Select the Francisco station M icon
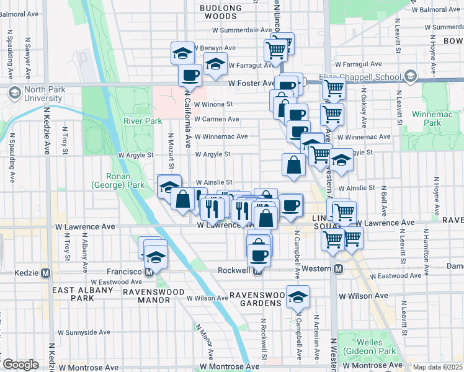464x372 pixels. click(149, 272)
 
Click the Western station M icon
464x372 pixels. click(339, 269)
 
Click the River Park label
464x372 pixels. click(142, 120)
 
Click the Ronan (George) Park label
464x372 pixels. click(118, 180)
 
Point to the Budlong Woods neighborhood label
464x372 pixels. click(220, 12)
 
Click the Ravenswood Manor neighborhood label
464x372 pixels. click(146, 296)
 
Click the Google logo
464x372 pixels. click(20, 365)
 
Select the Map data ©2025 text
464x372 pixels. click(438, 367)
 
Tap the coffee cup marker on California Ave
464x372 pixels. click(190, 75)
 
